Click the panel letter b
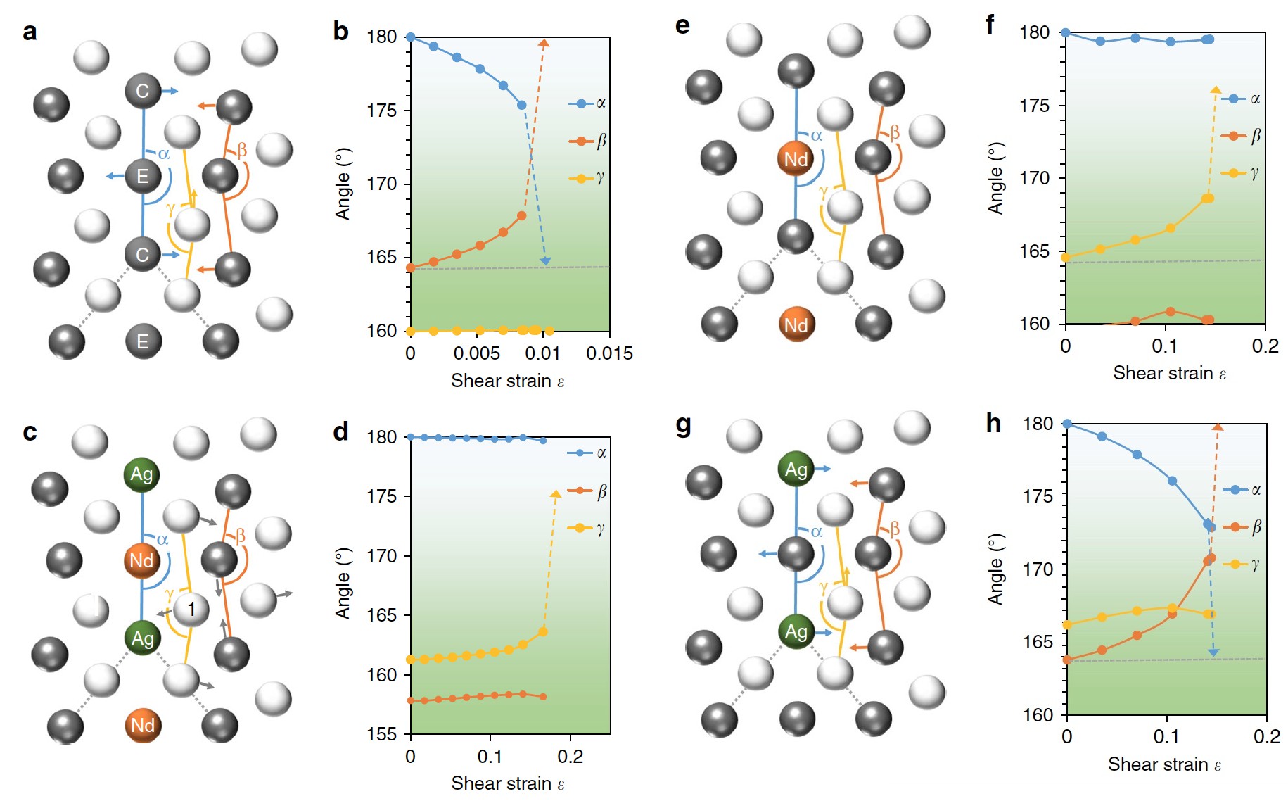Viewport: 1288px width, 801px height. [x=340, y=32]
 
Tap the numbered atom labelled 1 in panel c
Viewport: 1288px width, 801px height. [x=191, y=608]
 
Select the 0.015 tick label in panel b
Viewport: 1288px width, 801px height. [x=609, y=353]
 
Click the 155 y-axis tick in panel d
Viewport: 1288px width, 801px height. [x=381, y=734]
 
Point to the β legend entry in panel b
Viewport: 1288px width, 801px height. [x=587, y=141]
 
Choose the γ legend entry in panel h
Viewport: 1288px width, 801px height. [x=1242, y=564]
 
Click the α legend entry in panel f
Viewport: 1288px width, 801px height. [x=1241, y=99]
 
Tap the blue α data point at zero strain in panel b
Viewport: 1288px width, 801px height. [x=411, y=37]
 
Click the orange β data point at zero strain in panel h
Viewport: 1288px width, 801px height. [x=1067, y=660]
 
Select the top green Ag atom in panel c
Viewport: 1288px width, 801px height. [x=141, y=474]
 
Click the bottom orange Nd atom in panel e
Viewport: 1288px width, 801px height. [x=796, y=324]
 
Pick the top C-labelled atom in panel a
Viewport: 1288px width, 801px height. [x=143, y=91]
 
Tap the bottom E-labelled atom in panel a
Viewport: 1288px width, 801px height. [x=143, y=341]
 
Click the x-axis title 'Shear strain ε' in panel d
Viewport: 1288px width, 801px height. [x=508, y=783]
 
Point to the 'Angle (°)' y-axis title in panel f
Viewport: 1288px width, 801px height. [x=995, y=178]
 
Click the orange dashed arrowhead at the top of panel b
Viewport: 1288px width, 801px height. [x=544, y=44]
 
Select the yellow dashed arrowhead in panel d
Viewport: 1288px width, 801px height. [x=556, y=494]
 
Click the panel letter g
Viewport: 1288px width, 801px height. [x=682, y=426]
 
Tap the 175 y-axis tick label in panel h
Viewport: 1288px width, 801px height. [x=1038, y=496]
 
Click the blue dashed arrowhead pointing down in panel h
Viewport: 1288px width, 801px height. [x=1213, y=652]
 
